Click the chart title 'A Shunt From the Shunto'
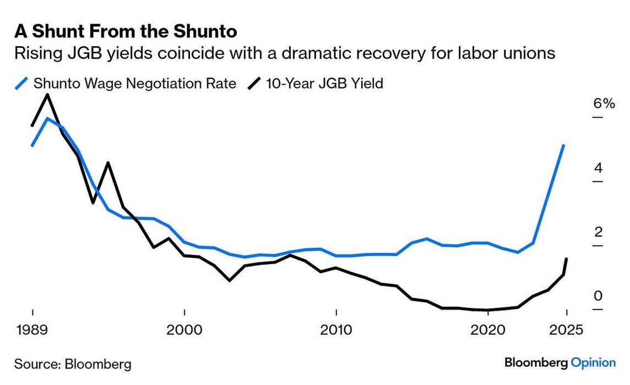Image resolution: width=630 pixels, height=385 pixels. (126, 31)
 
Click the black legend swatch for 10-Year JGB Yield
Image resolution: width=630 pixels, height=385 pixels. (254, 84)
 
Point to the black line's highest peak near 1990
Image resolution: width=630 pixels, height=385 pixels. (48, 95)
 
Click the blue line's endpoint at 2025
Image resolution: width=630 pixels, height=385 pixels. (563, 146)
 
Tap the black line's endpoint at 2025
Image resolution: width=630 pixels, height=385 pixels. (566, 259)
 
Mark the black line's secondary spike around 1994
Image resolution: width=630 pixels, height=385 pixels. (108, 163)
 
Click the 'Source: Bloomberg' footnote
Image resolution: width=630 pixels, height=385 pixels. (73, 364)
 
